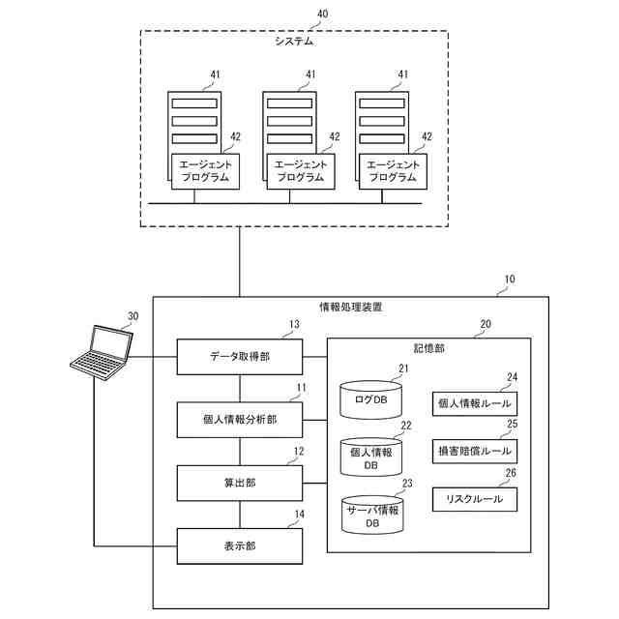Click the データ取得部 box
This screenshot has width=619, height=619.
coord(239,356)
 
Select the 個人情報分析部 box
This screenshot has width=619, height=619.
coord(239,420)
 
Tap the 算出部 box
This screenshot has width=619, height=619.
coord(239,482)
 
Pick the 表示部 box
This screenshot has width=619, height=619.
coord(239,545)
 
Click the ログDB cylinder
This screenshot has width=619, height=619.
coord(370,398)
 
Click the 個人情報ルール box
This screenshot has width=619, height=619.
coord(474,403)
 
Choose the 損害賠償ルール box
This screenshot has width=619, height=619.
coord(474,451)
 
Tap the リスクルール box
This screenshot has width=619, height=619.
coord(474,499)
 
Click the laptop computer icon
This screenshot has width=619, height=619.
coord(103,351)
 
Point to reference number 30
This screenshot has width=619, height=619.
coord(133,315)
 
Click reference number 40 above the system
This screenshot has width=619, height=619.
coord(322,15)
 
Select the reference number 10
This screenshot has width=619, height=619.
coord(509,280)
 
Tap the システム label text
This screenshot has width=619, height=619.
coord(294,43)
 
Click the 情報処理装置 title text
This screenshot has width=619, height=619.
coord(350,308)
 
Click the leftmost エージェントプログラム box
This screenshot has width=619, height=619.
coord(206,171)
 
